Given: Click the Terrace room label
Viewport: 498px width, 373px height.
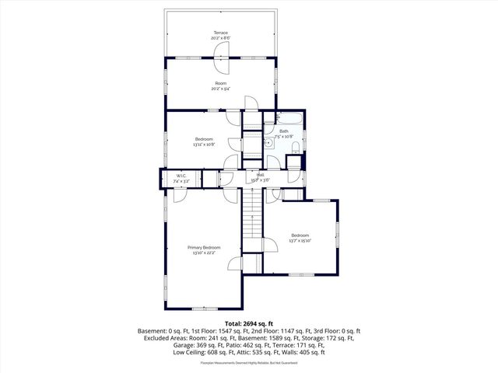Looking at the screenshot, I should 221,33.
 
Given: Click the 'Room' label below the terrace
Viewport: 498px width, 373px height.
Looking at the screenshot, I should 221,82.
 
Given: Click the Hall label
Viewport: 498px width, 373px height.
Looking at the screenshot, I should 260,175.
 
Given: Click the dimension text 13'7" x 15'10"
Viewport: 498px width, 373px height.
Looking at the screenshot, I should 300,241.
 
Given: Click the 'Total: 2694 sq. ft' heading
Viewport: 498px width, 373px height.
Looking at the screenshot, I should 248,323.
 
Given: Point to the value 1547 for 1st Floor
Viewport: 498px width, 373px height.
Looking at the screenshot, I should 232,331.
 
